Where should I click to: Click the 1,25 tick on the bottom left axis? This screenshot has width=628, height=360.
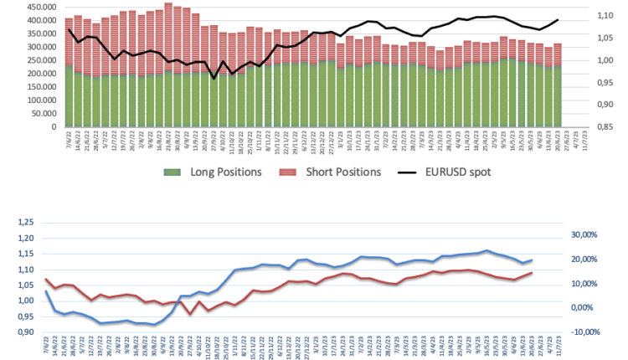(29, 223)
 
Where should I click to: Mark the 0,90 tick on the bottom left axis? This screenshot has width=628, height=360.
(29, 332)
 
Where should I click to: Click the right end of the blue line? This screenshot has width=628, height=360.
(532, 260)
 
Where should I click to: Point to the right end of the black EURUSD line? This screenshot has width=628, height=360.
(558, 19)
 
